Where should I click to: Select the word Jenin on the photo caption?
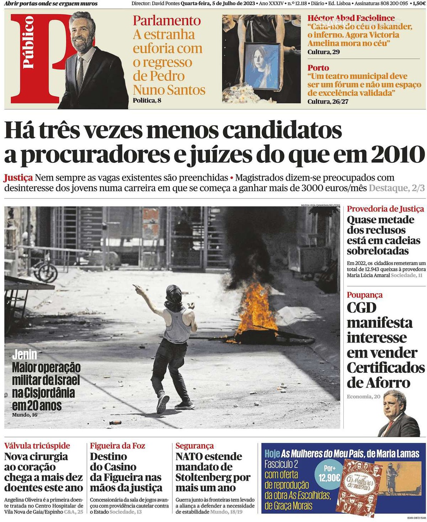tap(24, 355)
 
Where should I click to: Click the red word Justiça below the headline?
tap(18, 178)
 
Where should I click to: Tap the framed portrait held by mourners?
tap(262, 66)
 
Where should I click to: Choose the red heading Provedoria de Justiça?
tap(385, 209)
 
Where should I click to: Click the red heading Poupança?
tap(365, 295)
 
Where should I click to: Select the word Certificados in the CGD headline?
tap(386, 368)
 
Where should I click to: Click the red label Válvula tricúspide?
tap(37, 446)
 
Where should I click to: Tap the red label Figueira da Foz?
tap(118, 446)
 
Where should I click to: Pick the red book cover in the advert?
tap(358, 487)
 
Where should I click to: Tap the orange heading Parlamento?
tap(167, 20)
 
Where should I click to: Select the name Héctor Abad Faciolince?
tap(351, 18)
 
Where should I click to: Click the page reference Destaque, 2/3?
tap(396, 188)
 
